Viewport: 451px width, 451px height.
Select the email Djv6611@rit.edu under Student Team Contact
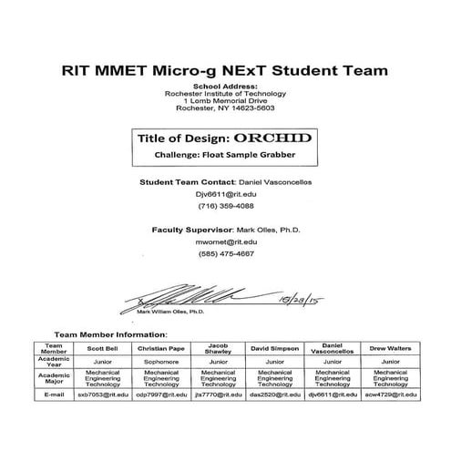point(224,194)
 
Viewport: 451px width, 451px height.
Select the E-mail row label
point(54,395)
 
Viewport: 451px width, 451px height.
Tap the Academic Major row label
point(54,378)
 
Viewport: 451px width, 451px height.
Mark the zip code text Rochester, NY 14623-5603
point(225,107)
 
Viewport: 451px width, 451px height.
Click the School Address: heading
point(225,86)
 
